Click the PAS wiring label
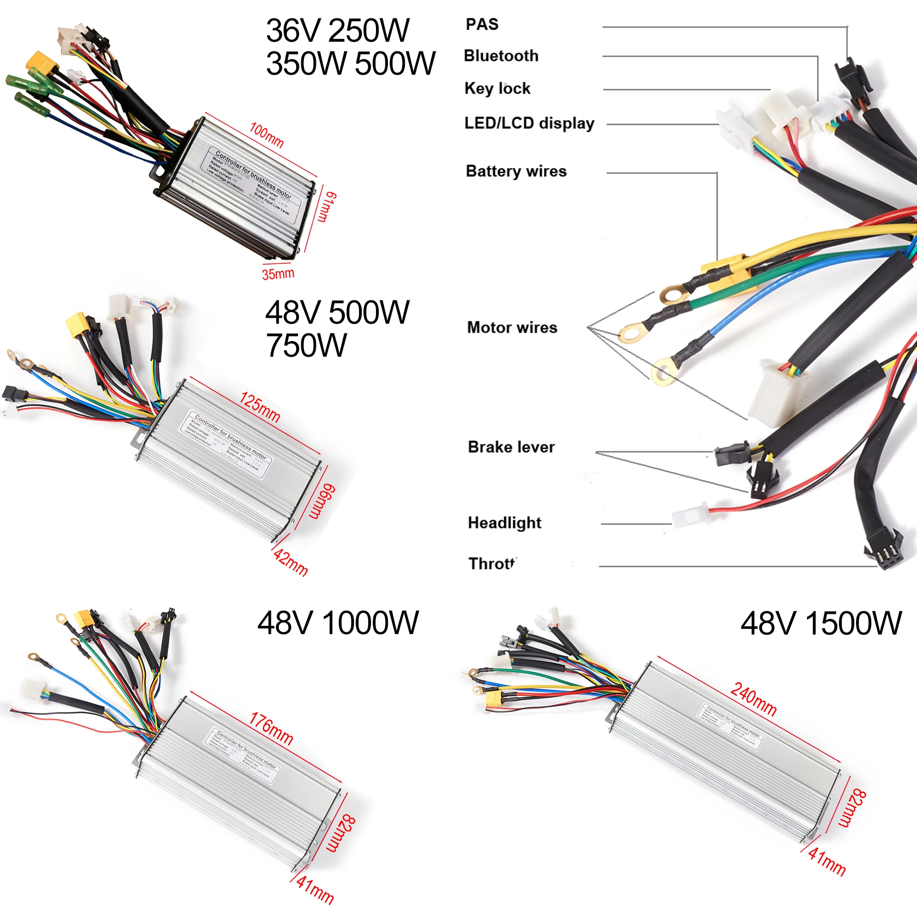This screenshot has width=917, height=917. point(482,24)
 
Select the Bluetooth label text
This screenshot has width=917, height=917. point(501,55)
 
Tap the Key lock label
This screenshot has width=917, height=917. point(497,88)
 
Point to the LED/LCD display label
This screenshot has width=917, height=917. point(529,123)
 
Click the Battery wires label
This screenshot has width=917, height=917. point(516,171)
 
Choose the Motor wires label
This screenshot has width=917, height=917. point(512,327)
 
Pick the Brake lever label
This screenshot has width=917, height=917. point(511,447)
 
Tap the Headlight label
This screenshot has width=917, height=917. point(504,523)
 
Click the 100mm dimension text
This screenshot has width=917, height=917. point(267,135)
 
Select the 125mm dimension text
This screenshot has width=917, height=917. point(260,407)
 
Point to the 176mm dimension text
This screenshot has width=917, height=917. point(271,729)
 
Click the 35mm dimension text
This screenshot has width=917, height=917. point(278,274)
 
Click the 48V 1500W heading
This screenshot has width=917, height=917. point(821,623)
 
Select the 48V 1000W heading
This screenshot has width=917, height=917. point(338,623)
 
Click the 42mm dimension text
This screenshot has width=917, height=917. point(291,562)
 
